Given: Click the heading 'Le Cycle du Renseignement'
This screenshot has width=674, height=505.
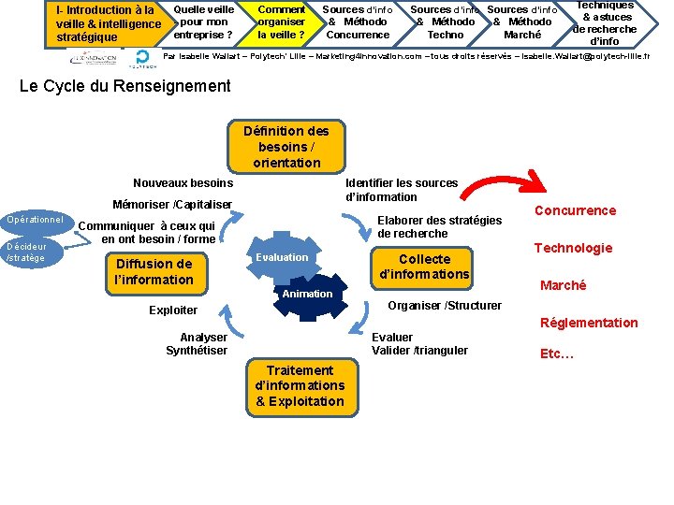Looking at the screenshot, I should point(125,86).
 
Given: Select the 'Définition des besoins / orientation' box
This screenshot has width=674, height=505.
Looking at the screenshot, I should point(286,147).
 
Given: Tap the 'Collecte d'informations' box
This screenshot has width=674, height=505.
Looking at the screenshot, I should point(424,267).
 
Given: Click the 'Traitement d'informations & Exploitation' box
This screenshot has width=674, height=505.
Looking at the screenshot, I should point(300,385).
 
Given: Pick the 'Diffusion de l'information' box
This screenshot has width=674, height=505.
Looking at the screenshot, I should point(154,271).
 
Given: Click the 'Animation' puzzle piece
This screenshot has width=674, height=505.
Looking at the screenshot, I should point(307,294).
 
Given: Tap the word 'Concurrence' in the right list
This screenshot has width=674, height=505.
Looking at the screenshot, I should point(575,210).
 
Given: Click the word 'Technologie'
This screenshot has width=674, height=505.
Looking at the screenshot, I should point(573,248).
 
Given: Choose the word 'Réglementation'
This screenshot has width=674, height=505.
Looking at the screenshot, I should point(589,323).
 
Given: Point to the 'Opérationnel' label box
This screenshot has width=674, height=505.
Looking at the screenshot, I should point(35,221).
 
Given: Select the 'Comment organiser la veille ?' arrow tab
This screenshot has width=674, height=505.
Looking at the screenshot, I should point(281,22).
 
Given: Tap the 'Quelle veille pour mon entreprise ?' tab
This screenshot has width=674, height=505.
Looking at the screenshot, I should point(203,22).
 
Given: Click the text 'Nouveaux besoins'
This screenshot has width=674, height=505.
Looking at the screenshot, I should point(183,183).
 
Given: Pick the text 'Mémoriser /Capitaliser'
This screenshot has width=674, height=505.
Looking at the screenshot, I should point(171,204).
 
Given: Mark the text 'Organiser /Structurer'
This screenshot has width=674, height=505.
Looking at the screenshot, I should point(445,305).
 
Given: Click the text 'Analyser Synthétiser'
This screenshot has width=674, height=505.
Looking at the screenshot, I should point(198,343).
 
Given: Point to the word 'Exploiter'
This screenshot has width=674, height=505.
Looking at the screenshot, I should point(173,310).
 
